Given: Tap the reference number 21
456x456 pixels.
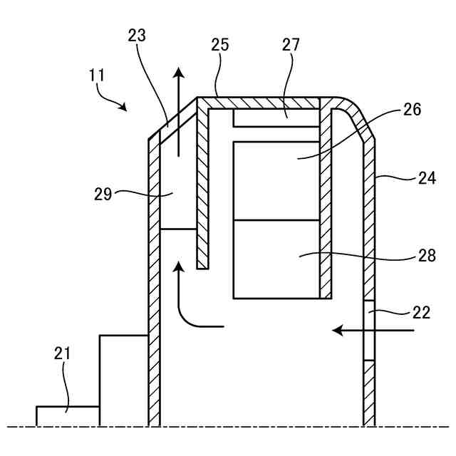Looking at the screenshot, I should [x=63, y=352].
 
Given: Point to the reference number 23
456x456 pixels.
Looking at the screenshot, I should [x=138, y=36].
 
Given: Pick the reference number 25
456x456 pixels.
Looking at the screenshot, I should [x=220, y=45].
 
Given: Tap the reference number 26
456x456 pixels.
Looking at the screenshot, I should [x=413, y=110].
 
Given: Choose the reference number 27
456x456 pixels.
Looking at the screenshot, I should [x=291, y=45].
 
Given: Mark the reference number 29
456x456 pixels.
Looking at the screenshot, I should [x=103, y=194].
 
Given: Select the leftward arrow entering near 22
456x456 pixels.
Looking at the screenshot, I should [x=373, y=331].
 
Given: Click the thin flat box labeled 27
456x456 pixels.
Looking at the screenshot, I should [x=276, y=118].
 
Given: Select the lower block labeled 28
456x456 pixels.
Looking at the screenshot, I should [x=276, y=259].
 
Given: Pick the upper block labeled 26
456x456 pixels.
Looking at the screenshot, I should [x=276, y=180].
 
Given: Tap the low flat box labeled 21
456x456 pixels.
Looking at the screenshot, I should [x=68, y=416].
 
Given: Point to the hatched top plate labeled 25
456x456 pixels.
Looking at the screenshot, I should [x=264, y=103].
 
